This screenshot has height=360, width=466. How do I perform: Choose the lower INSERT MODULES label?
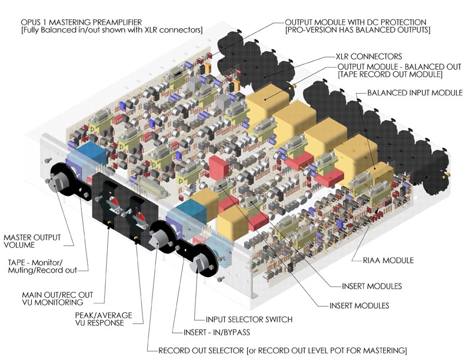(x=359, y=306)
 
